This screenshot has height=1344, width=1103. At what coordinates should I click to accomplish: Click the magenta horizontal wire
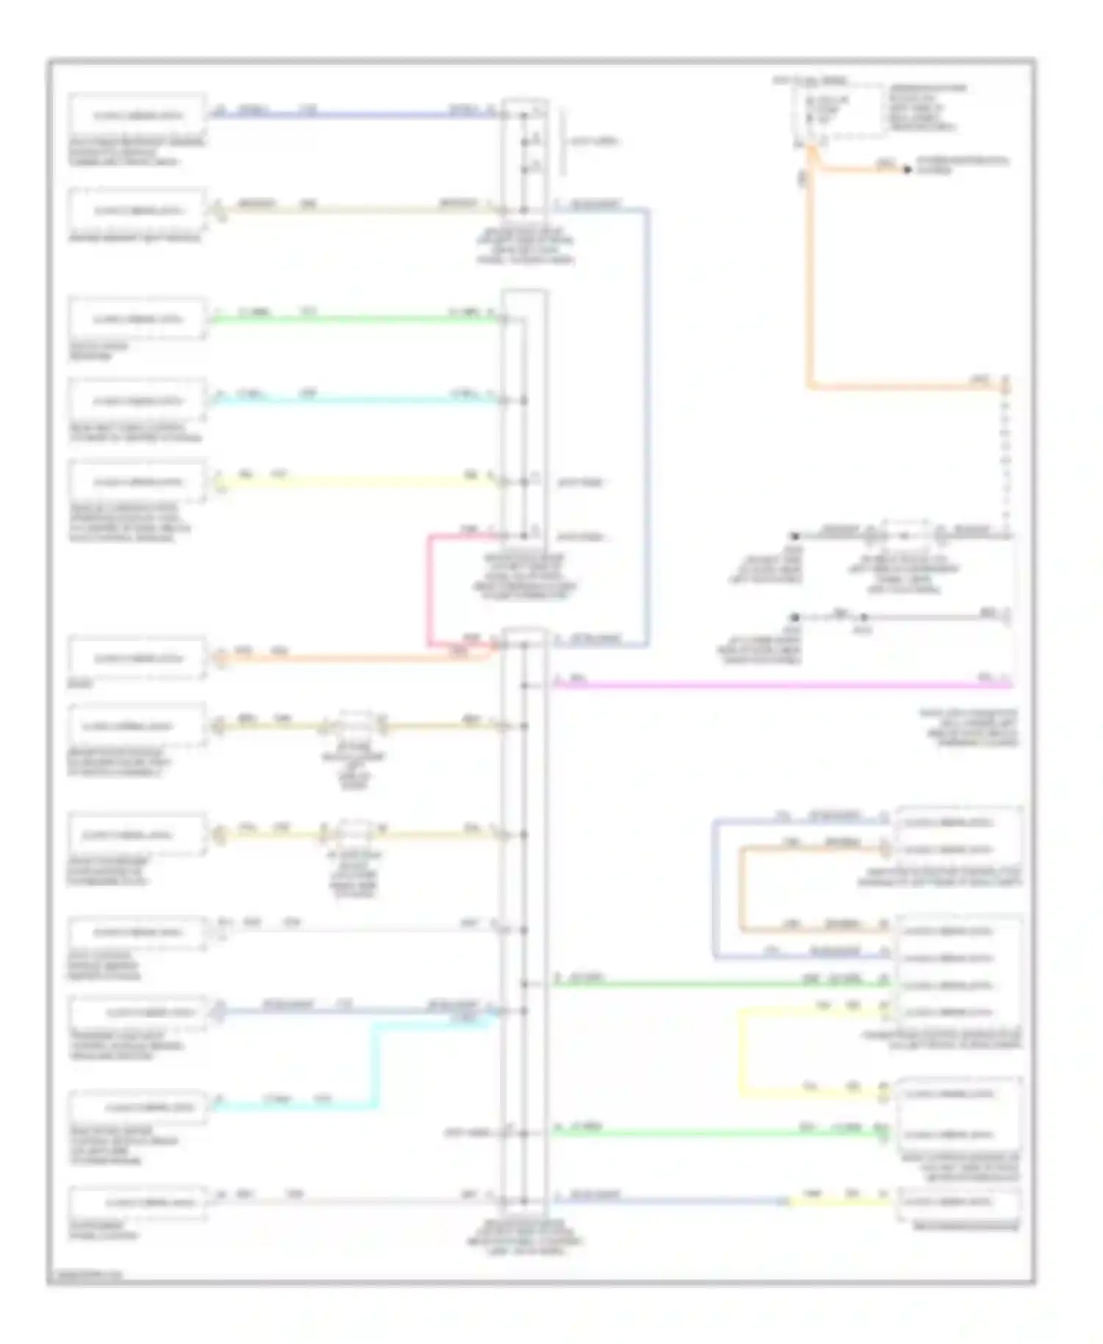(779, 685)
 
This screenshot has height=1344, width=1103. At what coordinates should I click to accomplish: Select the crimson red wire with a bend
(429, 588)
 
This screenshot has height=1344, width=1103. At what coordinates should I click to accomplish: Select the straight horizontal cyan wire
(353, 401)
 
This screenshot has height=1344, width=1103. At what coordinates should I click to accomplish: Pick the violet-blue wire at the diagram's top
(353, 115)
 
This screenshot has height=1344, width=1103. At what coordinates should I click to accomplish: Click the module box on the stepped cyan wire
(137, 1107)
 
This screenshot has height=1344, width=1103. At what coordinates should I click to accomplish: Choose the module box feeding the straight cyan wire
(137, 401)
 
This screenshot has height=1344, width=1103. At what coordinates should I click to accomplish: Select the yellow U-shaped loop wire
(740, 1051)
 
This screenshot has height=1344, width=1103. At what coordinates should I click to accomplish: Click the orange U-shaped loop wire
(741, 890)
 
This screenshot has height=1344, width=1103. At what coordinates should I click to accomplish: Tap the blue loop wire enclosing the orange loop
(714, 890)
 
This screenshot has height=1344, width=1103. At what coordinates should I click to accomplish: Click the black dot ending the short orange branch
(907, 170)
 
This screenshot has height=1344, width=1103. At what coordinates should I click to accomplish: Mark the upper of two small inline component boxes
(355, 724)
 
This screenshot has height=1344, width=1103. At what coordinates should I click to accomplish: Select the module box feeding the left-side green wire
(137, 319)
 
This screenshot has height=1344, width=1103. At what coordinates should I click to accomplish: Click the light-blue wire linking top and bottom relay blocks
(648, 426)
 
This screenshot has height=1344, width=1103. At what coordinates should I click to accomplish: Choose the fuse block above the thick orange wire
(838, 110)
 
